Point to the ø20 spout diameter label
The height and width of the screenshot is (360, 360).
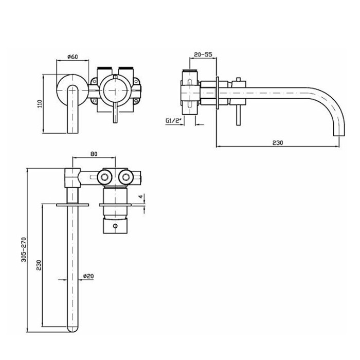(88, 276)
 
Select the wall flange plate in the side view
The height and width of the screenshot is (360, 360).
(218, 93)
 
